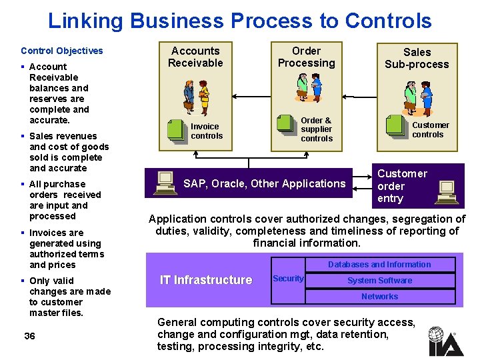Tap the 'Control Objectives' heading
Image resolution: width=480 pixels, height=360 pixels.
coord(62,51)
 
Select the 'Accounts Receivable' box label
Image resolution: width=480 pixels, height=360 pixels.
coord(195,57)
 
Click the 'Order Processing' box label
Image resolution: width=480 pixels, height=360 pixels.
coord(306,57)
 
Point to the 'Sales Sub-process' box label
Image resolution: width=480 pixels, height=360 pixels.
coord(417,58)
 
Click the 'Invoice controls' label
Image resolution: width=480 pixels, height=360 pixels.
coord(206,131)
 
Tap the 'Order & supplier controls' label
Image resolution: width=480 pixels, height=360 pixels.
coord(316,129)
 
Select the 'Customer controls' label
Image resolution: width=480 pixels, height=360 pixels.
coord(429,129)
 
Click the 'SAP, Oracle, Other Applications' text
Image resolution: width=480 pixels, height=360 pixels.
coord(264,183)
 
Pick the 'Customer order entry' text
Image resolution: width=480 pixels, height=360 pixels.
coord(401,186)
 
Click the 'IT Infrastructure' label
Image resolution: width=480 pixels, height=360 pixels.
coord(206,280)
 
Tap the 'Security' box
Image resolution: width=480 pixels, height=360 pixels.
coord(288,279)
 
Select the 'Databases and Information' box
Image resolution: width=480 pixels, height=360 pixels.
coord(379,265)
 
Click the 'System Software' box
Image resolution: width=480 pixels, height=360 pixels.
coord(379,281)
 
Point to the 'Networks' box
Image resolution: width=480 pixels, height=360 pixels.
coord(379,297)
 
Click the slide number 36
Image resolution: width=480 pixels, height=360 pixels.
coord(29,336)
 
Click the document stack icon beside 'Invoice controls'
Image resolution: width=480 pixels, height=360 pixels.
coord(177,130)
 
